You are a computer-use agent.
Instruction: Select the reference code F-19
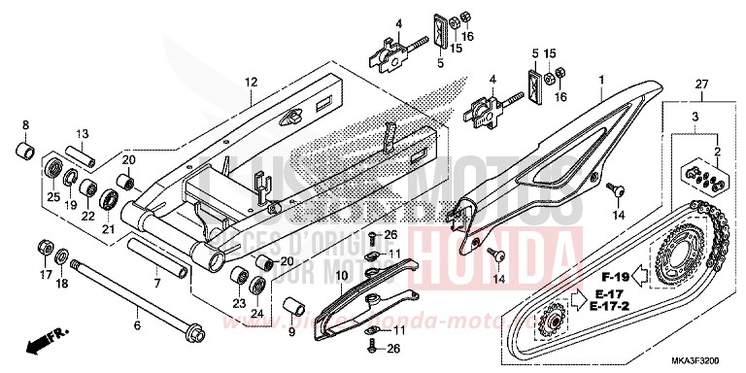tap(604, 248)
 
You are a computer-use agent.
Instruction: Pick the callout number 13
tap(83, 134)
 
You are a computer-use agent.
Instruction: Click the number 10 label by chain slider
tap(341, 278)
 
